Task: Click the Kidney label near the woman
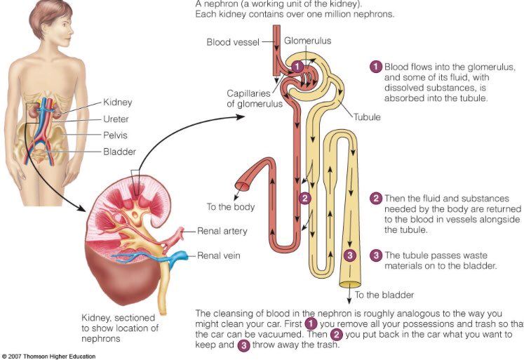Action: [x=117, y=102]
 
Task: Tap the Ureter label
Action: [x=116, y=119]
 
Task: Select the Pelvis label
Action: [x=116, y=135]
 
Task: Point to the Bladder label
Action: [x=119, y=152]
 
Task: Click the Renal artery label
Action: [x=222, y=230]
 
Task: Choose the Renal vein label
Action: [x=219, y=255]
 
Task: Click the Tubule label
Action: [x=367, y=117]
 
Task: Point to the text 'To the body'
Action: [x=231, y=207]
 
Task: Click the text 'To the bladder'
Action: [x=384, y=295]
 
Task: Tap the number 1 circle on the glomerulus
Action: [x=297, y=66]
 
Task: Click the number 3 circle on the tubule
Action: [x=351, y=255]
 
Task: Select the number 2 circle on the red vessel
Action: [x=304, y=198]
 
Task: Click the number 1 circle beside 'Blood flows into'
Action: [x=376, y=67]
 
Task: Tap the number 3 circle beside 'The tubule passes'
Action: [x=376, y=255]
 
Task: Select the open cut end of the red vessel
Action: [x=243, y=187]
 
